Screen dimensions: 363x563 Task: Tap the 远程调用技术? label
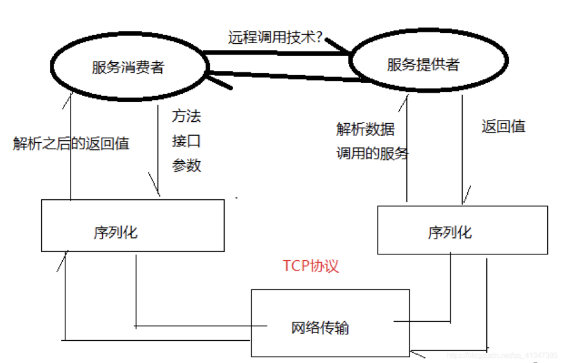coord(276,37)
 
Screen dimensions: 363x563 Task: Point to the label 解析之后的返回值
coord(71,143)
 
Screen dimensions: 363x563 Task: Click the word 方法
coord(187,117)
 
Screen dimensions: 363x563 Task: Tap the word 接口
coord(187,141)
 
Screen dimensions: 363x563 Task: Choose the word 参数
coord(187,165)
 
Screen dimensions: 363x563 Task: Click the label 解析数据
coord(366,129)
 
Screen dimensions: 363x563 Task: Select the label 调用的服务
coord(373,154)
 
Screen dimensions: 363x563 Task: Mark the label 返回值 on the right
coord(503,126)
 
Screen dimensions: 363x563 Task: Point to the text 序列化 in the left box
coord(115,232)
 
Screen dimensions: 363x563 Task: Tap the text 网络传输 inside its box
coord(321,328)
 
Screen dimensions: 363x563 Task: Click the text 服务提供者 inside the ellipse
coord(423,64)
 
